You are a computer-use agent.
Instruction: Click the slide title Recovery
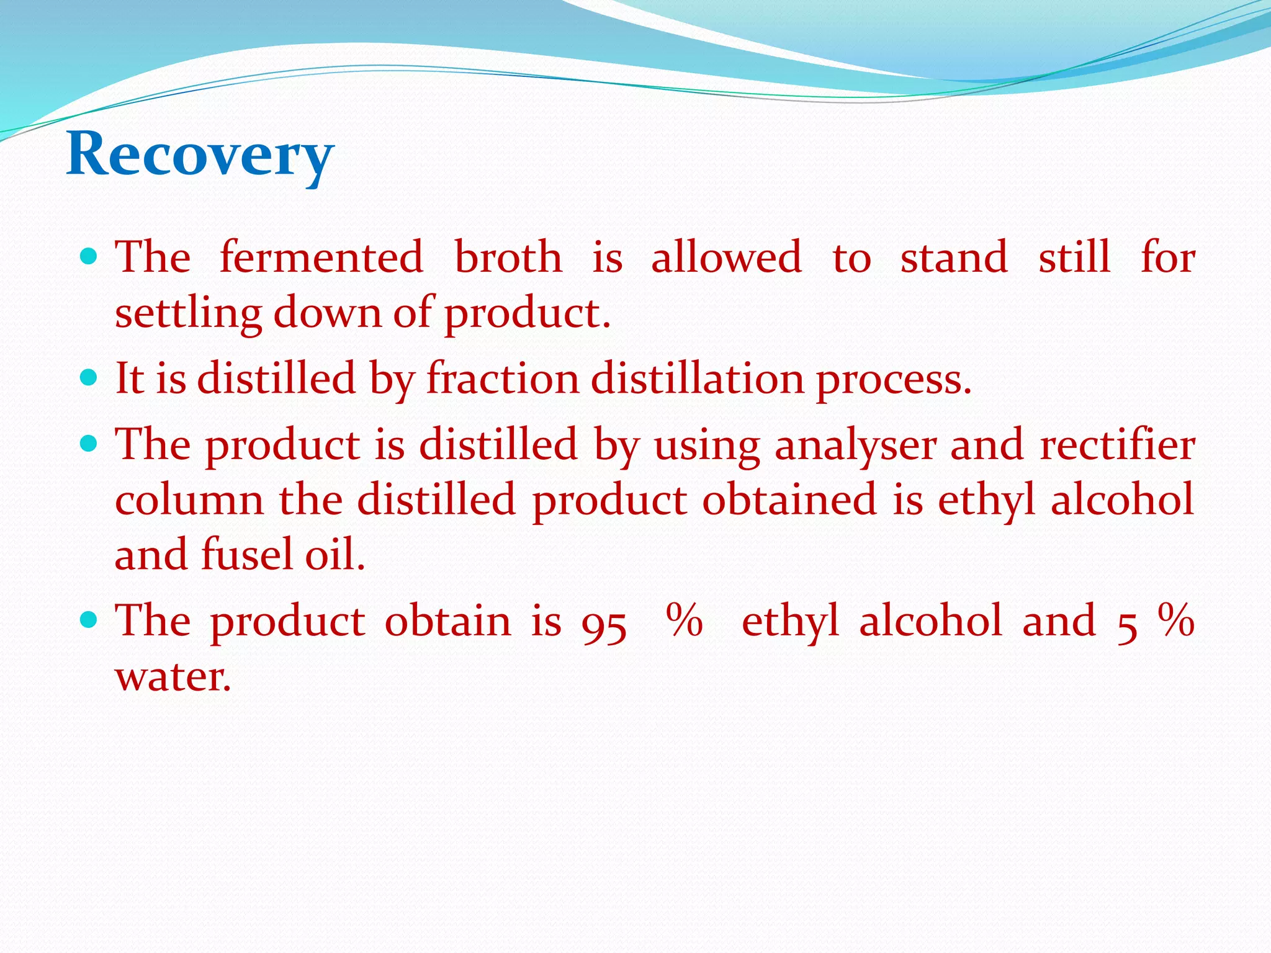[x=200, y=154]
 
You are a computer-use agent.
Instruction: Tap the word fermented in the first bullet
[x=321, y=257]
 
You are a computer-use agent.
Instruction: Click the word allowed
[x=726, y=257]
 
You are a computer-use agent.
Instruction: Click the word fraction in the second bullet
[x=502, y=378]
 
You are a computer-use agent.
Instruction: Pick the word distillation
[x=697, y=378]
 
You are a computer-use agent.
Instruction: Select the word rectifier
[x=1117, y=444]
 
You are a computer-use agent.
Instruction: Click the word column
[x=189, y=500]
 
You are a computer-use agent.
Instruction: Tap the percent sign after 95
[x=684, y=620]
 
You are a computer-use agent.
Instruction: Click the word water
[x=173, y=676]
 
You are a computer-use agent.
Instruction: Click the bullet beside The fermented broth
[x=89, y=256]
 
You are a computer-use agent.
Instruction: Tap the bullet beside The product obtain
[x=89, y=619]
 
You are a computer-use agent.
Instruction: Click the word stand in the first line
[x=954, y=257]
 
